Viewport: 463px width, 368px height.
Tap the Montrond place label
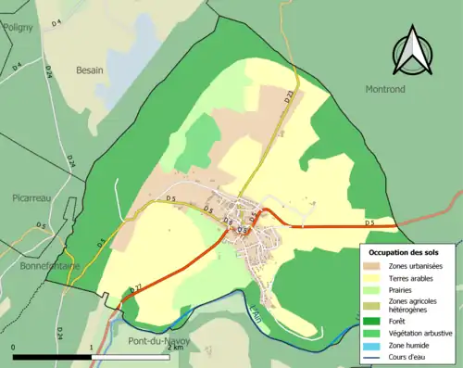pos(379,88)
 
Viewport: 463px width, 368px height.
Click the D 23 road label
pos(290,95)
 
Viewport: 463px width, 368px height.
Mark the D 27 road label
pos(136,290)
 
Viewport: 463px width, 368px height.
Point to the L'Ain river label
pos(256,313)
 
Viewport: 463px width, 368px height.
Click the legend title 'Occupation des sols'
pos(404,252)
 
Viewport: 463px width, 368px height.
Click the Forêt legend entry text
pos(401,321)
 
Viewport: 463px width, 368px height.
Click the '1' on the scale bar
pos(91,347)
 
